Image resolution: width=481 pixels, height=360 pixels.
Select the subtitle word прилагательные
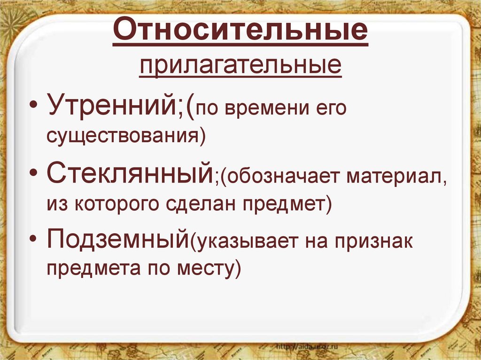tap(240, 66)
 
